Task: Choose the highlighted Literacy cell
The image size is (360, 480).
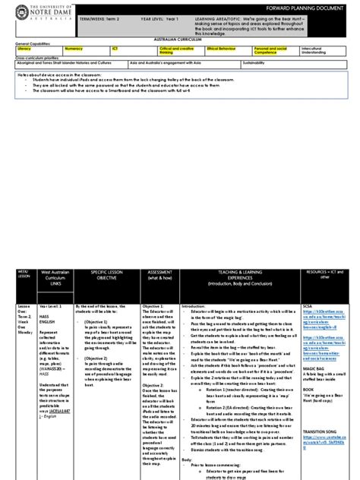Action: (x=38, y=49)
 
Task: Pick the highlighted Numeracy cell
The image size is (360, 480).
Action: (x=84, y=49)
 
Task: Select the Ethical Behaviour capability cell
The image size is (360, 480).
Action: (x=228, y=49)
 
